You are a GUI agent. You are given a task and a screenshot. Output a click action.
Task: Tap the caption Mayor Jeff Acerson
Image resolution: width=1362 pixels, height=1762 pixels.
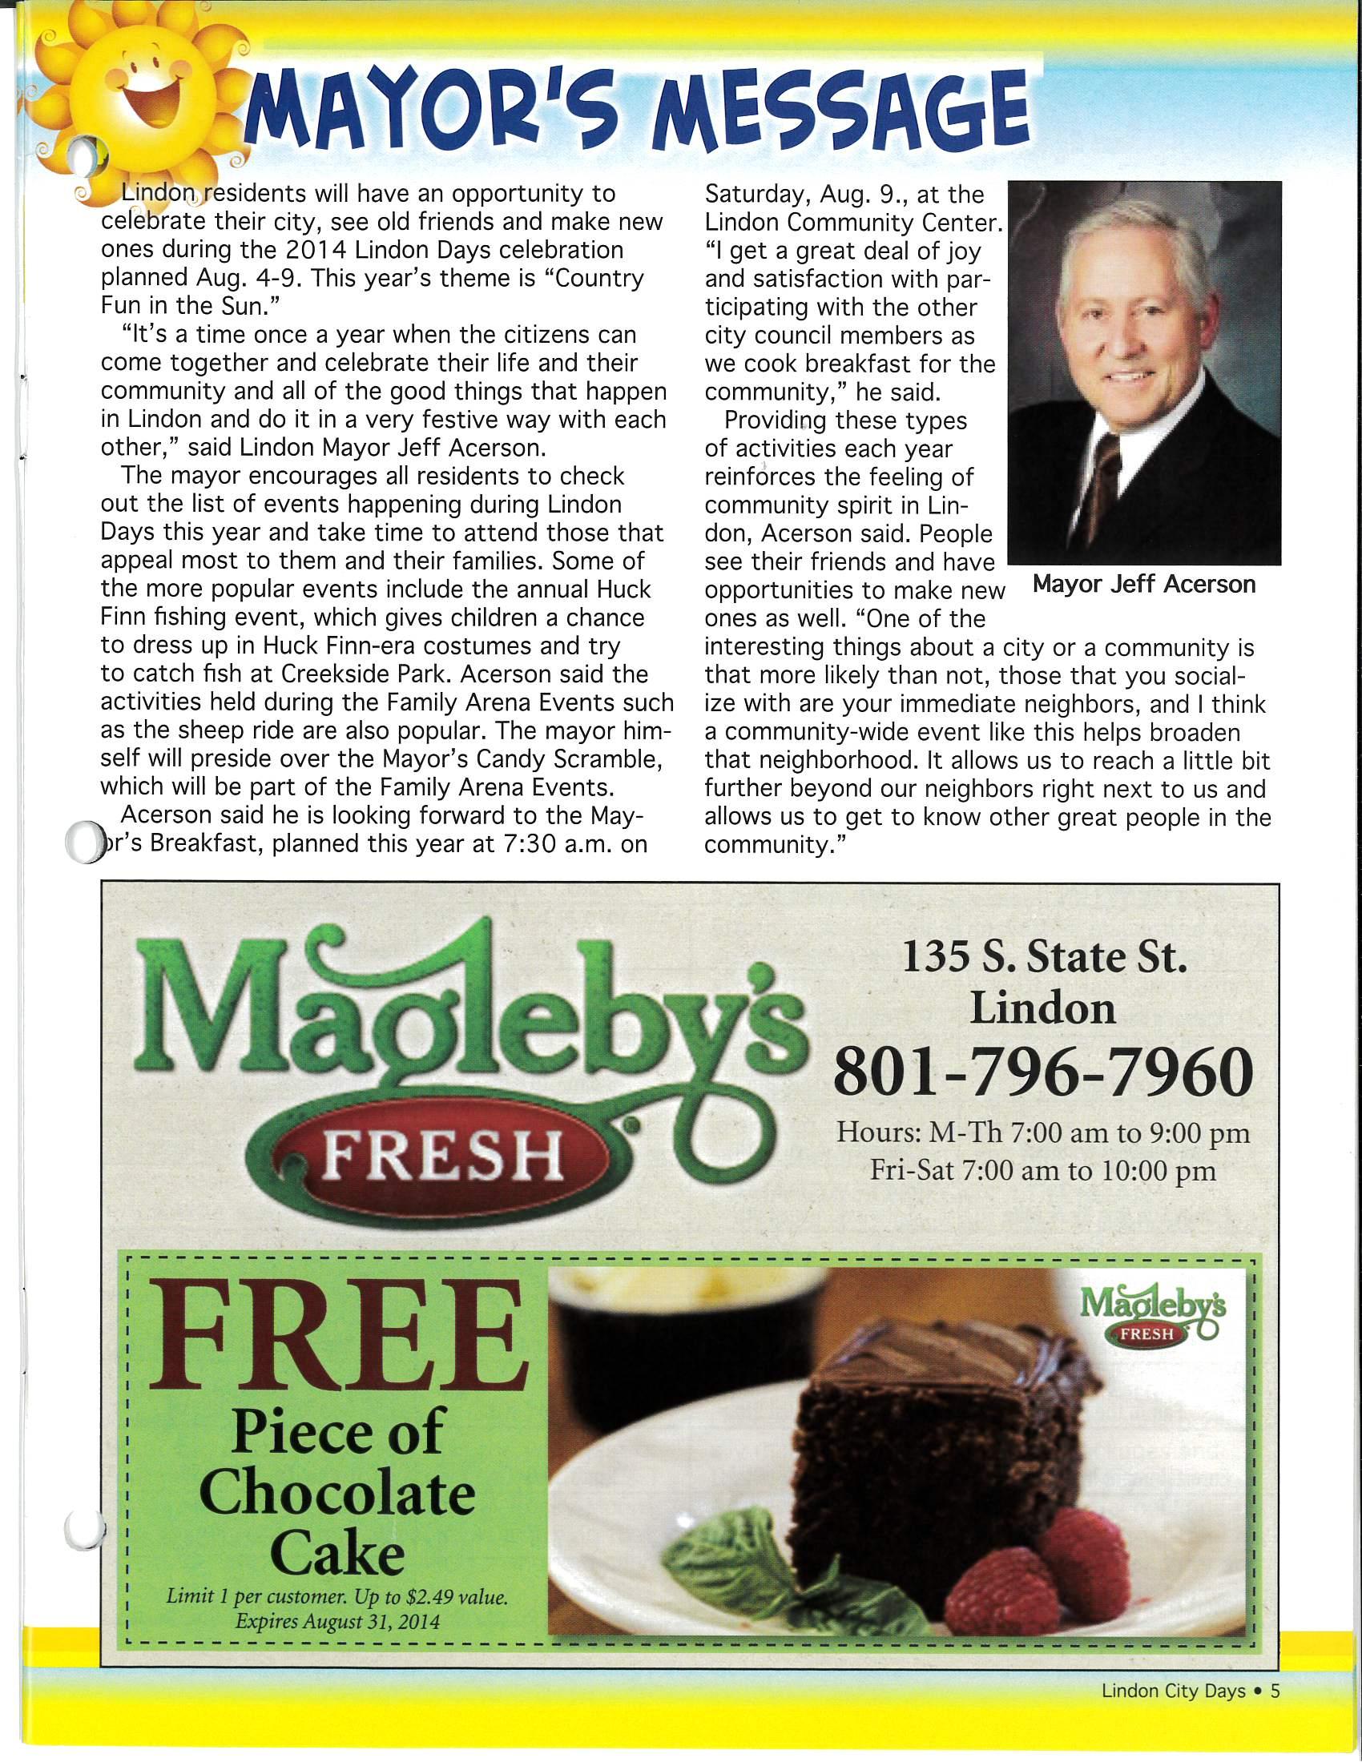1144,584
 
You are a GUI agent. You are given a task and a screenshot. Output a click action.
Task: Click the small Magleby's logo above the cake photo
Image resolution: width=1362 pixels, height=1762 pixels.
1152,1313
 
